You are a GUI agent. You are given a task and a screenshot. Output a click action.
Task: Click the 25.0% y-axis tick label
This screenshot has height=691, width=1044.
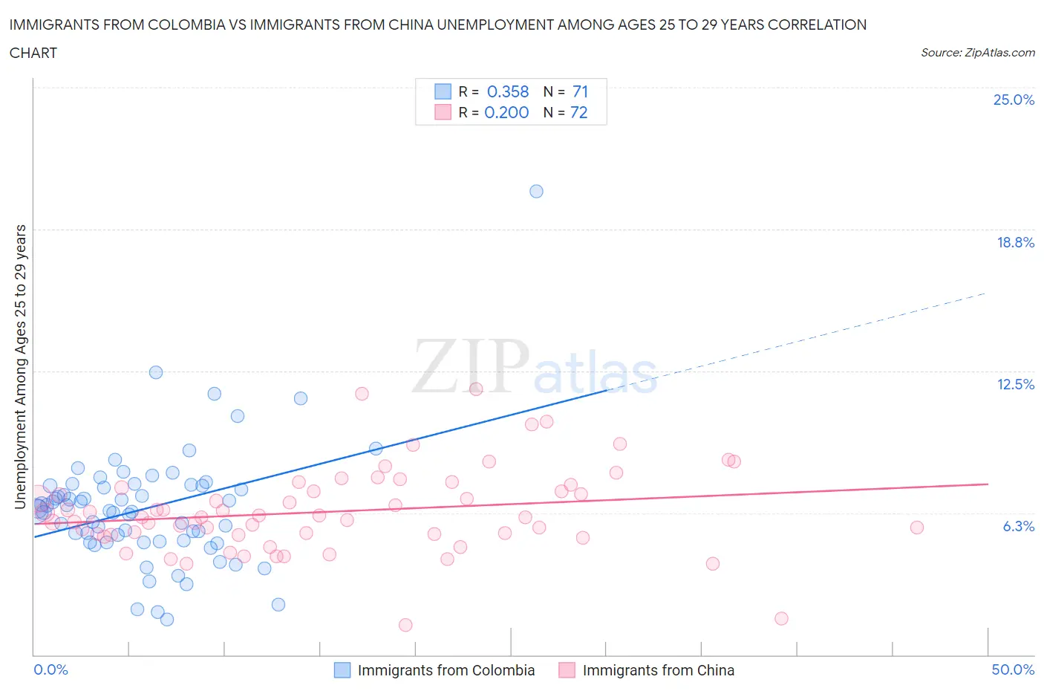(x=1014, y=100)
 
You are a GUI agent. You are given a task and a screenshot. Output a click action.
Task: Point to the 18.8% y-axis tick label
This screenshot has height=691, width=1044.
(x=1015, y=242)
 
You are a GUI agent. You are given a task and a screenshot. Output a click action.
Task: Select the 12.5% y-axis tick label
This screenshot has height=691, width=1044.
(x=1015, y=384)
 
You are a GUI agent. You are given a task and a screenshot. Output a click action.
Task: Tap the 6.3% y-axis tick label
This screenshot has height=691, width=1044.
(x=1018, y=526)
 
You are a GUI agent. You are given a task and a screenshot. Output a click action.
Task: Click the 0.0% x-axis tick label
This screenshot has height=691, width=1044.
(x=50, y=669)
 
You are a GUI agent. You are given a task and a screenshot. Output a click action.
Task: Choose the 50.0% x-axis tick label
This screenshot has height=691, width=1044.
(x=1013, y=669)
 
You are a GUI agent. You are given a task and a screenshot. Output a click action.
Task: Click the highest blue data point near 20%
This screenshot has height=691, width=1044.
(x=536, y=191)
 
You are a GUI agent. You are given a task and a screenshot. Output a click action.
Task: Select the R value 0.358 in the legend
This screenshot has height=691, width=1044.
(x=508, y=91)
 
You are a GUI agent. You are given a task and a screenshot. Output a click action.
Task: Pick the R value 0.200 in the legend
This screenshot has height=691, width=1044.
(x=506, y=112)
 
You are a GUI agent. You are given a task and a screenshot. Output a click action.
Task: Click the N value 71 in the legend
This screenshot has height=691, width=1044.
(x=580, y=91)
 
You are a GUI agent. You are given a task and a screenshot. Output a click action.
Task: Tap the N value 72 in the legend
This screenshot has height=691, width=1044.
(x=578, y=112)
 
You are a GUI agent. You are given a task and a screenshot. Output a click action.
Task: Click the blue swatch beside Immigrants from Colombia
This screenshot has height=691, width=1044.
(x=342, y=670)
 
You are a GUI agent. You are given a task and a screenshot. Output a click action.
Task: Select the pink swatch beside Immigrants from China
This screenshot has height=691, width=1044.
(x=567, y=670)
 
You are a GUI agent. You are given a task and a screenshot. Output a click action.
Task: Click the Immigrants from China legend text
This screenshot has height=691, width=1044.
(x=658, y=670)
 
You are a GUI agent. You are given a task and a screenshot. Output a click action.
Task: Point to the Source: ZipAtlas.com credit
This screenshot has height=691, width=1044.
(x=977, y=53)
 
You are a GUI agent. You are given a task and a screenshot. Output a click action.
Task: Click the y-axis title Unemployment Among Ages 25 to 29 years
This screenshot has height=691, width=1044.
(x=20, y=367)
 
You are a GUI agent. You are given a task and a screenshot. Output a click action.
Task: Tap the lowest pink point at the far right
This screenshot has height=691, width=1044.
(x=781, y=618)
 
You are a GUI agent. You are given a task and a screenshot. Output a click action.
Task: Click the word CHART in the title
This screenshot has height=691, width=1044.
(x=33, y=53)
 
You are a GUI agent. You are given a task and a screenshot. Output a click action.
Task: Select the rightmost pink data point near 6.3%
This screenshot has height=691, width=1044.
(x=917, y=528)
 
